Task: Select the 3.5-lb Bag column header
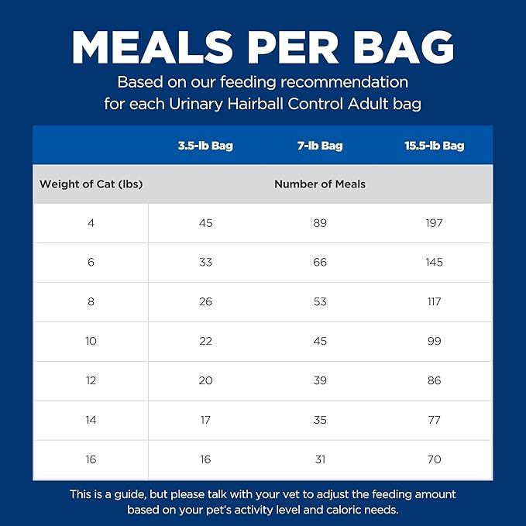(x=205, y=146)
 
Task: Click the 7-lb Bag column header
(x=320, y=146)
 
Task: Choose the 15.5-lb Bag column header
(x=434, y=146)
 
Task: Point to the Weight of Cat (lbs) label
(x=91, y=184)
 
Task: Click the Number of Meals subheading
(x=320, y=184)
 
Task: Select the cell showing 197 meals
(x=434, y=223)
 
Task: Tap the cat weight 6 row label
(x=91, y=263)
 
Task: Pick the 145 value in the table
(x=434, y=263)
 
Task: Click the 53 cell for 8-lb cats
(x=320, y=302)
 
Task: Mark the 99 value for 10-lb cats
(x=434, y=342)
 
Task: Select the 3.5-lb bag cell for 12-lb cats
(x=205, y=381)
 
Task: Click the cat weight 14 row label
(x=91, y=421)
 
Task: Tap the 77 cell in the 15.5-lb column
(x=434, y=421)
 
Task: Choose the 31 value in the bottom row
(x=320, y=460)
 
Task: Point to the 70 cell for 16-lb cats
(x=434, y=460)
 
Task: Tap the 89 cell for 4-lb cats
(x=320, y=223)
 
